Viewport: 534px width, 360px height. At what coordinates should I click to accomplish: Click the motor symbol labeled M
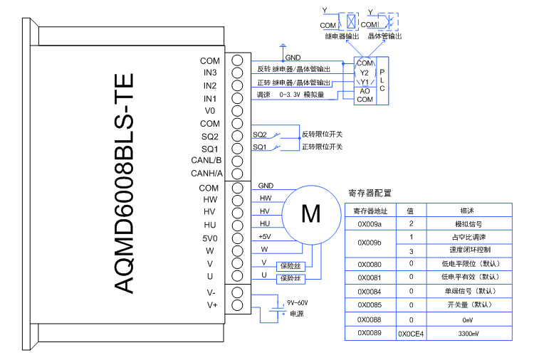click(311, 213)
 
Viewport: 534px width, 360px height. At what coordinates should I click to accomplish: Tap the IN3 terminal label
click(210, 73)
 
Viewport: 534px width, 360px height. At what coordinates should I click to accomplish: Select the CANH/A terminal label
click(206, 173)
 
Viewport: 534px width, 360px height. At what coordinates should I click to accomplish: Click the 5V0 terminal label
click(209, 238)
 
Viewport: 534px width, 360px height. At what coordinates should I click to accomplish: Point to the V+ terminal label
click(211, 305)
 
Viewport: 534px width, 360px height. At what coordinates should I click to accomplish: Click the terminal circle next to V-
click(237, 292)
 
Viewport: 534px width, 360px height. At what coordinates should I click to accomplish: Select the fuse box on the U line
click(290, 277)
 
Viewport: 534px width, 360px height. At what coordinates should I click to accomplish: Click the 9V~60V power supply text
click(298, 302)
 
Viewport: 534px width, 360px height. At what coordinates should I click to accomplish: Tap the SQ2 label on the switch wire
click(260, 134)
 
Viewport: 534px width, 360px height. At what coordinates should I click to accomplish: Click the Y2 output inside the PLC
click(364, 73)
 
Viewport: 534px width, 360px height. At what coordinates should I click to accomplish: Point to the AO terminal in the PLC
click(364, 91)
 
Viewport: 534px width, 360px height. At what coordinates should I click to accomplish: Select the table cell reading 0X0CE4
click(411, 333)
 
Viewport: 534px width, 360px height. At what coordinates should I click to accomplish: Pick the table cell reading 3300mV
click(468, 333)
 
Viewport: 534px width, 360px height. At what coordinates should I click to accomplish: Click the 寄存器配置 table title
click(370, 193)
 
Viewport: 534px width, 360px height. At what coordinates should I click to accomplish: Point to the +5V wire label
click(265, 237)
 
